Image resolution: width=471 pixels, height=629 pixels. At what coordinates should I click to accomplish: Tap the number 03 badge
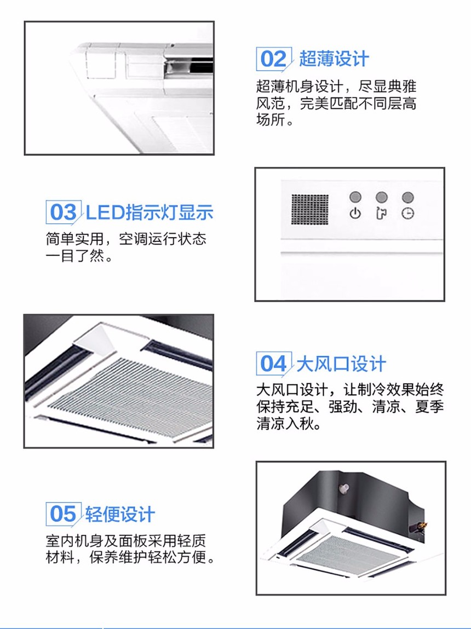tap(64, 212)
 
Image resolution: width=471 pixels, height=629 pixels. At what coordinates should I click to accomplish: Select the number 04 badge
tap(274, 364)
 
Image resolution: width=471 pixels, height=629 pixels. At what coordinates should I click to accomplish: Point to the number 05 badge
tap(64, 514)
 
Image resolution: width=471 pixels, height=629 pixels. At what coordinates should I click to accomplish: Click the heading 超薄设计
tap(334, 59)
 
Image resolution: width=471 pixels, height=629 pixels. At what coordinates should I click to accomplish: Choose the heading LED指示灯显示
tap(150, 212)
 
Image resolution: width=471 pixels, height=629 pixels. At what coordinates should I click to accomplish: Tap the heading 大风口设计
tap(341, 364)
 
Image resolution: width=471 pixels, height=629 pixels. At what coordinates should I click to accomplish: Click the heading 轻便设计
tap(120, 514)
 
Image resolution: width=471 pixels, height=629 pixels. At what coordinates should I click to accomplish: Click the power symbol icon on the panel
tap(355, 213)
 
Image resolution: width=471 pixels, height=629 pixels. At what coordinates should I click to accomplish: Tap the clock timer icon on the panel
tap(407, 213)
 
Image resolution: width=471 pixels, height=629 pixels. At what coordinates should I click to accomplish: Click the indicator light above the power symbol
tap(355, 197)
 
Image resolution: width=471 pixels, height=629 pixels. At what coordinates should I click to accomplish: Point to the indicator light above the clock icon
tap(407, 197)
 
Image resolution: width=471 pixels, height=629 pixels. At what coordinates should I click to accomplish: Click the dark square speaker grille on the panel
tap(310, 210)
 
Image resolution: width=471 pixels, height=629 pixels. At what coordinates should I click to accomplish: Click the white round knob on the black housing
tap(344, 488)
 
